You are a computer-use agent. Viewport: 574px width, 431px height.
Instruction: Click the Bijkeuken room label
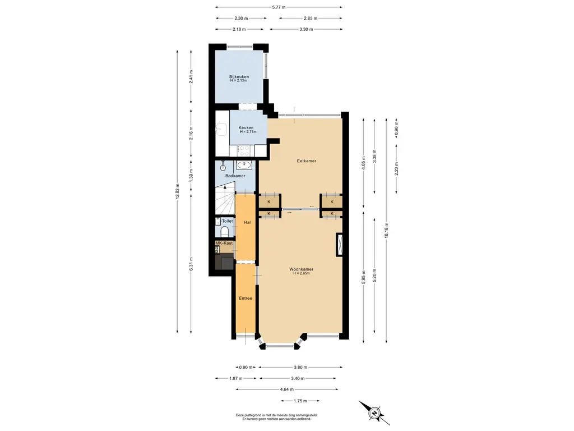239,76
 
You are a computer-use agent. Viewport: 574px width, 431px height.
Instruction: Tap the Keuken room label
246,127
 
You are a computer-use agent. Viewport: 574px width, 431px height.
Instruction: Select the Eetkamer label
307,161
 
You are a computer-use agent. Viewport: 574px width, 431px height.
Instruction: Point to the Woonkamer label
301,269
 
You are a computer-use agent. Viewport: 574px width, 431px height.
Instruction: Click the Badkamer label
235,176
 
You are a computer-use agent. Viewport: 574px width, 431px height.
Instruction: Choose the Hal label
247,222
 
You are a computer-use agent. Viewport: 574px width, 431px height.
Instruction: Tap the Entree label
246,299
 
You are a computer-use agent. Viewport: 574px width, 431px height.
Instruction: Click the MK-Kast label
224,243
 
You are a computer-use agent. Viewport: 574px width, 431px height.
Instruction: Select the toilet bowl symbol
225,232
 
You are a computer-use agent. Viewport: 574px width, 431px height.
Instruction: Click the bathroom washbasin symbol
244,166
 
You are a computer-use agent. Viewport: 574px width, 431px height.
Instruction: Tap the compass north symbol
374,413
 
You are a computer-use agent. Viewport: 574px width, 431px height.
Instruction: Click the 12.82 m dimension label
177,191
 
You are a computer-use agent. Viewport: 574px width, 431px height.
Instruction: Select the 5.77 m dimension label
279,7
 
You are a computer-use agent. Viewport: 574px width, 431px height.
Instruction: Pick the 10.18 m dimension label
386,230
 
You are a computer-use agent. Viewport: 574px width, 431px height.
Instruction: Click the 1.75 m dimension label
300,401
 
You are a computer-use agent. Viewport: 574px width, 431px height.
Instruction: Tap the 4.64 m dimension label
286,389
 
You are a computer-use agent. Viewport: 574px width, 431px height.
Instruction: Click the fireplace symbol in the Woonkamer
339,245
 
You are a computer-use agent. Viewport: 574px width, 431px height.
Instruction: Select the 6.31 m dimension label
191,264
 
